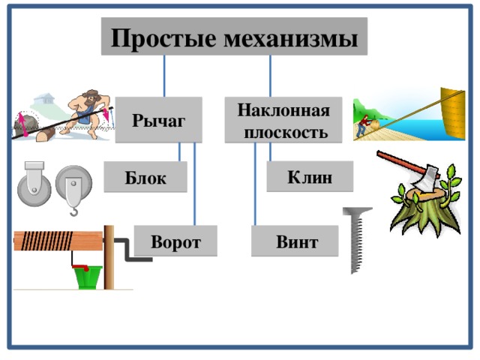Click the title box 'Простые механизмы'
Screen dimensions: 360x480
[x=234, y=37]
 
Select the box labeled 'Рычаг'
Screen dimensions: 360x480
[x=159, y=119]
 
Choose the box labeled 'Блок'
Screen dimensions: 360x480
[x=145, y=177]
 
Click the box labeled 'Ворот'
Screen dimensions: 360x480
[x=175, y=241]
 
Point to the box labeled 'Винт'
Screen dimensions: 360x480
[x=295, y=242]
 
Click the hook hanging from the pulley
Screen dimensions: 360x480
[x=73, y=209]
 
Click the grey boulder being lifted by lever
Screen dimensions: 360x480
[x=26, y=124]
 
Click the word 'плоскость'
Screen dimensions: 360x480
[x=289, y=131]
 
